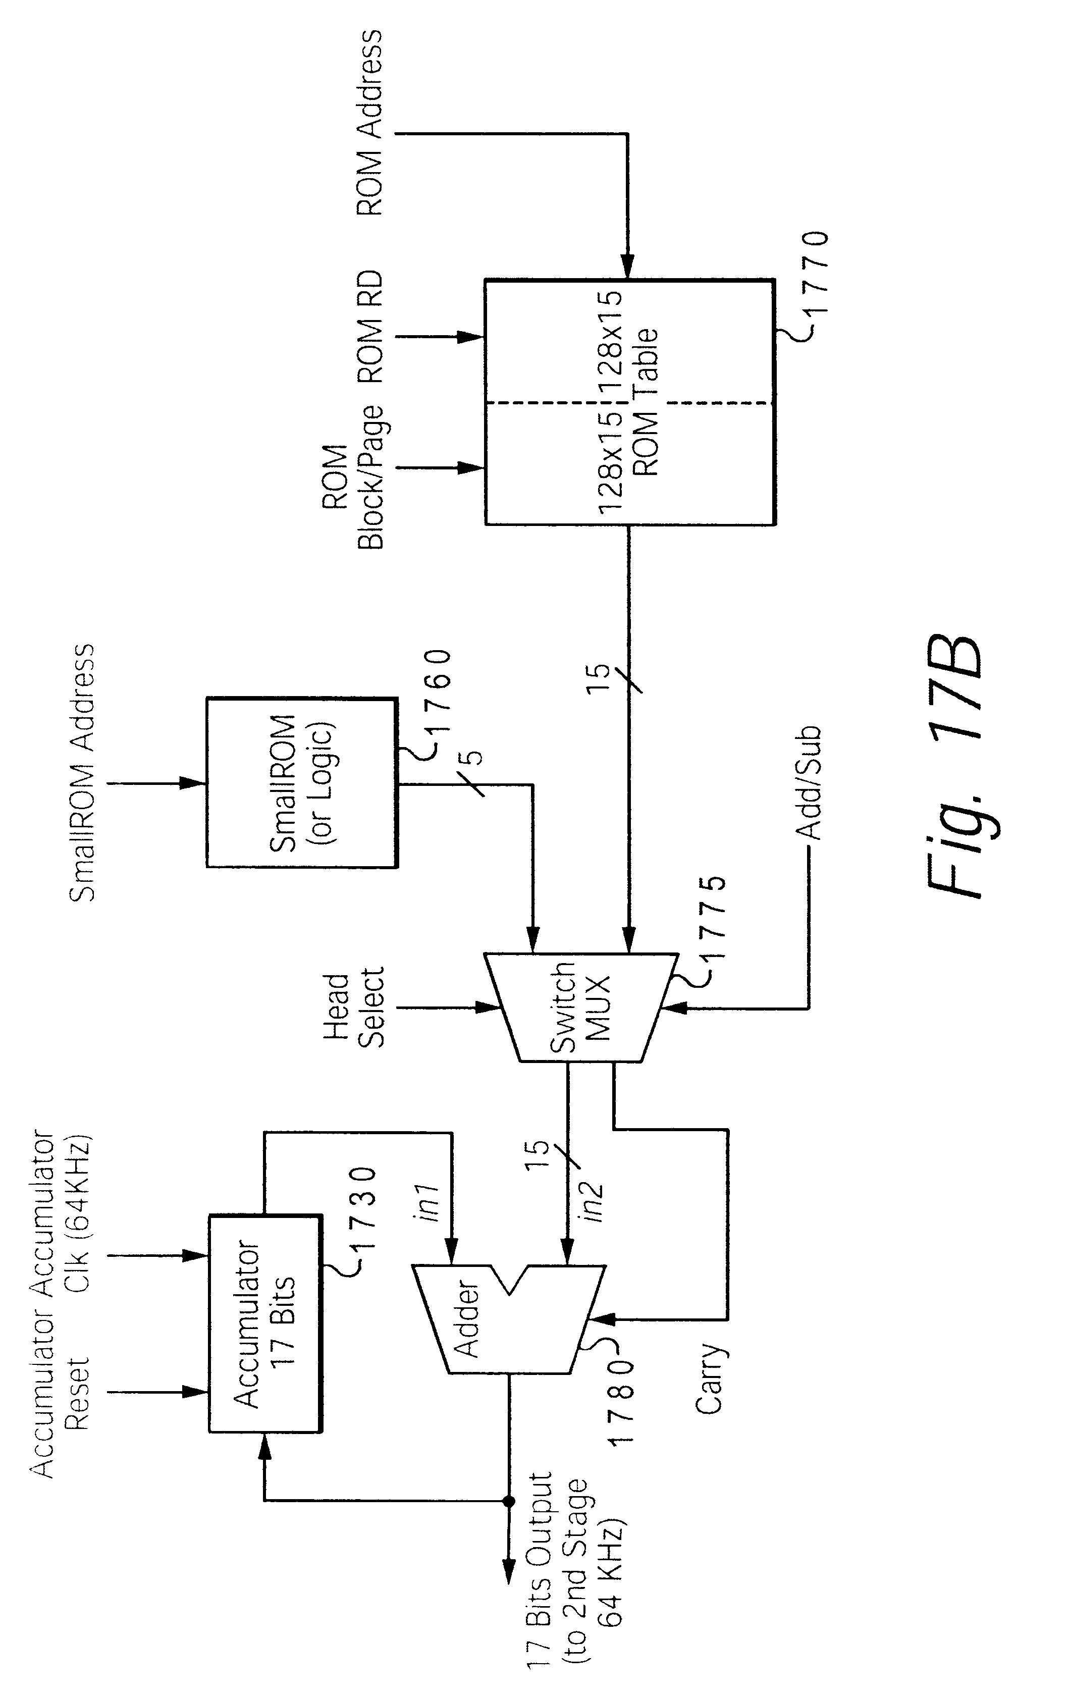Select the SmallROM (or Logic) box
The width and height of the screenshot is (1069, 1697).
click(x=302, y=782)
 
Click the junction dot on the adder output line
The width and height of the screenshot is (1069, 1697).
click(x=507, y=1502)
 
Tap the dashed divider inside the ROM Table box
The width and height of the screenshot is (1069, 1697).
click(x=629, y=403)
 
